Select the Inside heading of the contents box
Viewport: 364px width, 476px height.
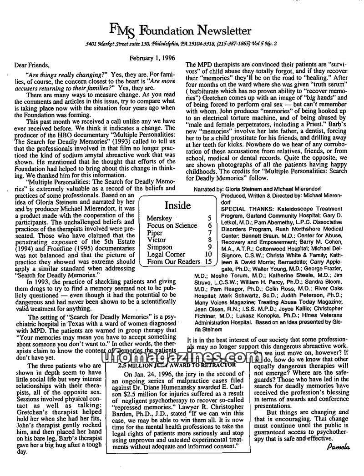[177, 205]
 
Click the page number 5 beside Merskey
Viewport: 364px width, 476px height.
[209, 219]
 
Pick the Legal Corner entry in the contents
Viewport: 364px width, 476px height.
[167, 254]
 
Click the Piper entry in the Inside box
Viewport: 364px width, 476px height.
[155, 233]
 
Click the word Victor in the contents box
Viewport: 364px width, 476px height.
[157, 240]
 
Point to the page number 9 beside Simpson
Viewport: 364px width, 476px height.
[209, 247]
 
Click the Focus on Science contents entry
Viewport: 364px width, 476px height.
[172, 225]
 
